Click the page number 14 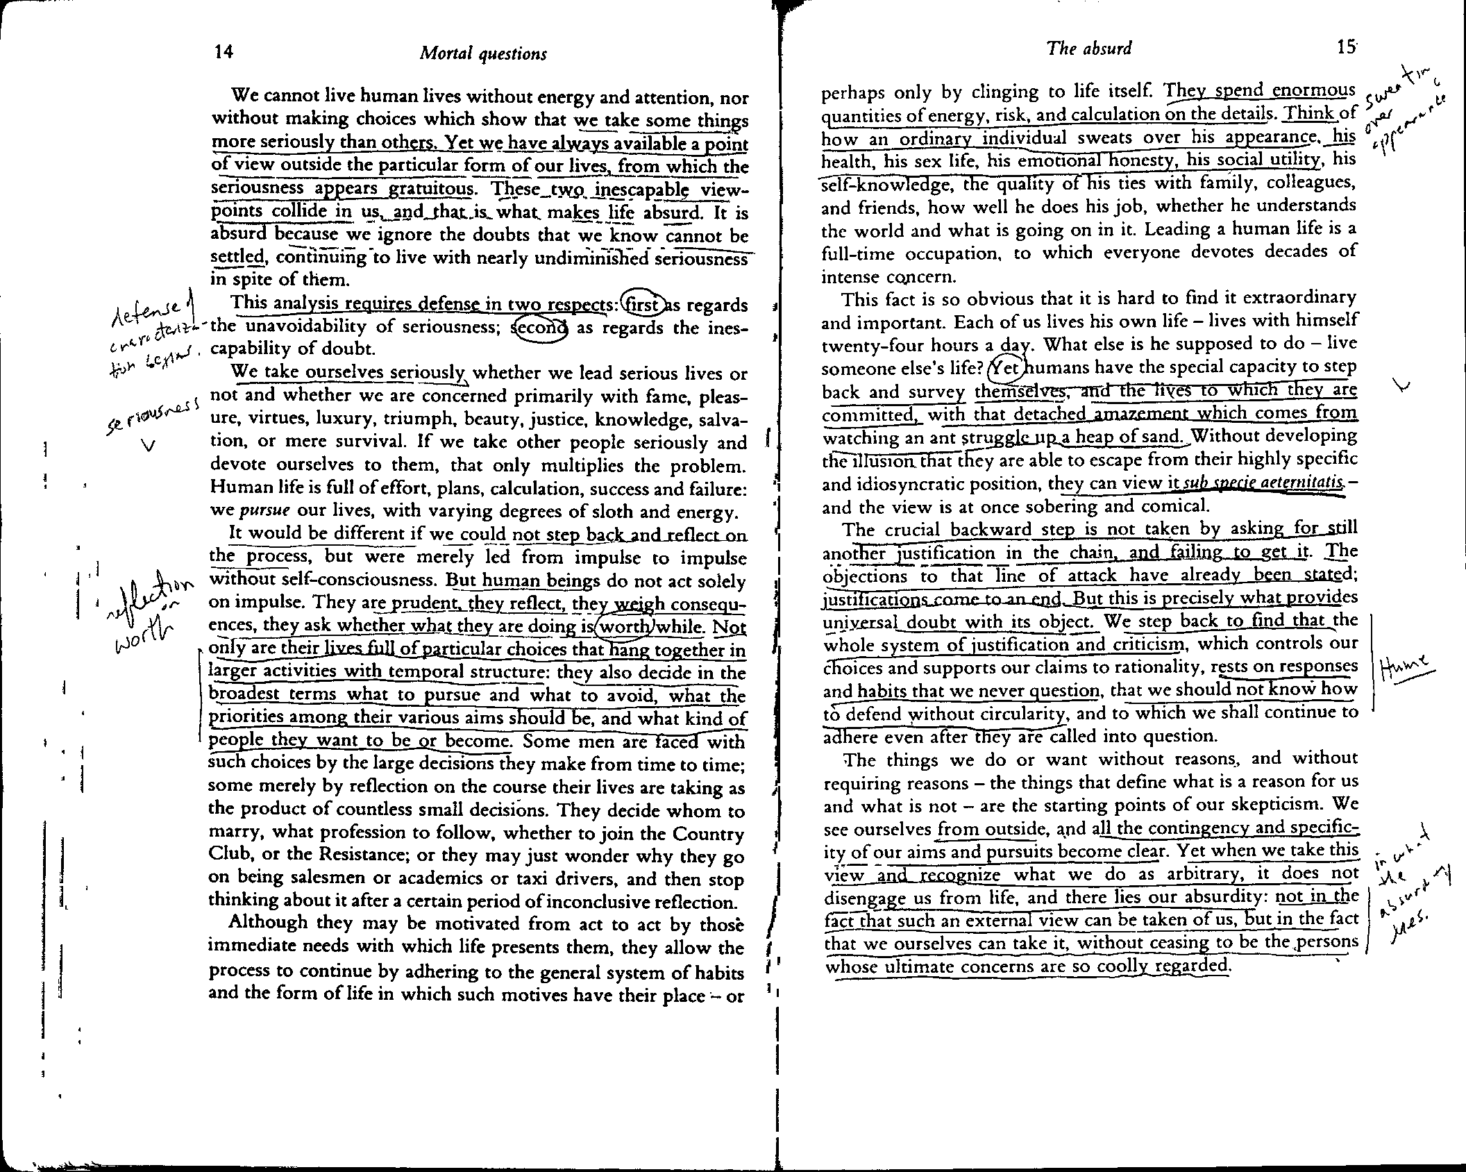pyautogui.click(x=224, y=53)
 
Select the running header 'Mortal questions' pyautogui.click(x=483, y=54)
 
